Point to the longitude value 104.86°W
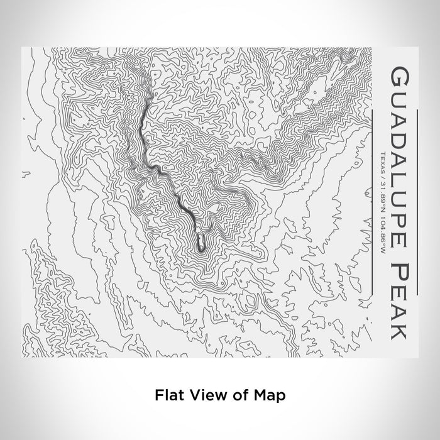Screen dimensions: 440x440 coord(382,223)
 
